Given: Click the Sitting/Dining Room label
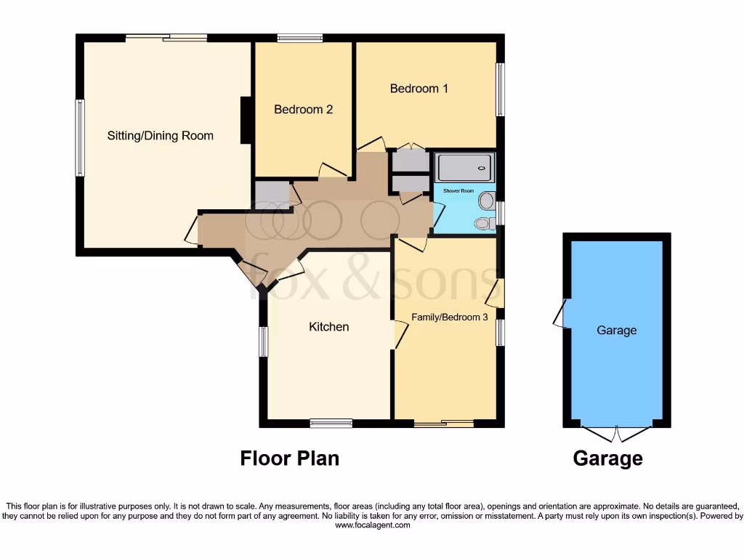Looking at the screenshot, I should coord(160,135).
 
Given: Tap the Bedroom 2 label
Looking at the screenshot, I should coord(303,110).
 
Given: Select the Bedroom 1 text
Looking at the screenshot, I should coord(418,89).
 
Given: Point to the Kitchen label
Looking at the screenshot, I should coord(329,327).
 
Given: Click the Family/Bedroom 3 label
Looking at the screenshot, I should coord(449,317).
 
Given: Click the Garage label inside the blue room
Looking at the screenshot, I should coord(616,330).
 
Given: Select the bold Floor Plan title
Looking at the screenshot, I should coord(289,458).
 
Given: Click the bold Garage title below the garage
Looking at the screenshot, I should coord(607,458).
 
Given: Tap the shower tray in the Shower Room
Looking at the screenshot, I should coord(465,167).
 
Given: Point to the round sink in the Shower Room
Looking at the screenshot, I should coord(487,200).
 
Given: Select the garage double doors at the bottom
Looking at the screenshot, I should coord(616,434).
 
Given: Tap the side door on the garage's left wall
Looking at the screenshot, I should coord(561,314).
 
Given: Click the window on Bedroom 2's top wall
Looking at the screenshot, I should coord(299,38).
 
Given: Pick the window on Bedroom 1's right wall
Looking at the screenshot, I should coord(500,89).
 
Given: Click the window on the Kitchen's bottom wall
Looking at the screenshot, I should coord(331,423).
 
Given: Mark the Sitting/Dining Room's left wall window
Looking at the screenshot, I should coord(80,137).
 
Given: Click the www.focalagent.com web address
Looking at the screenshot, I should coord(372,525).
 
